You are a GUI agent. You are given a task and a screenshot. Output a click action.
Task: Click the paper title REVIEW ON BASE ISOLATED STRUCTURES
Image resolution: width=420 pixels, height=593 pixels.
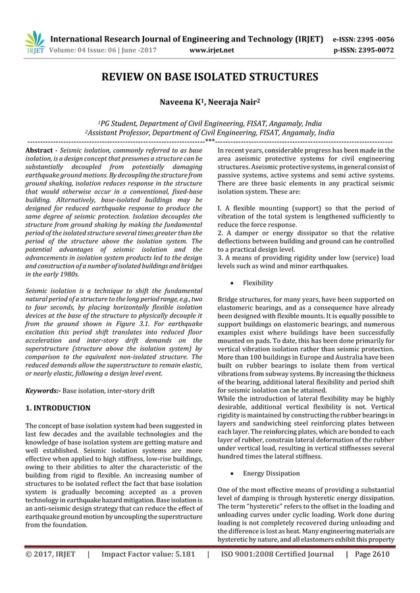click(x=210, y=78)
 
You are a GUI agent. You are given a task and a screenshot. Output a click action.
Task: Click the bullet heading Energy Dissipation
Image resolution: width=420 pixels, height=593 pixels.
click(x=271, y=473)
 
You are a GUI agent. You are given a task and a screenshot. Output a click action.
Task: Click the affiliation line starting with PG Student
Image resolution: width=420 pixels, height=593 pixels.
click(x=210, y=123)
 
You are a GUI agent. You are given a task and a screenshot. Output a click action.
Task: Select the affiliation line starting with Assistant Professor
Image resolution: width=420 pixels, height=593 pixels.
click(x=210, y=131)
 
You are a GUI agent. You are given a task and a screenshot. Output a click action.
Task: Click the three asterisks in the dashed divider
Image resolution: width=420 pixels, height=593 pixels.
click(x=210, y=141)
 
